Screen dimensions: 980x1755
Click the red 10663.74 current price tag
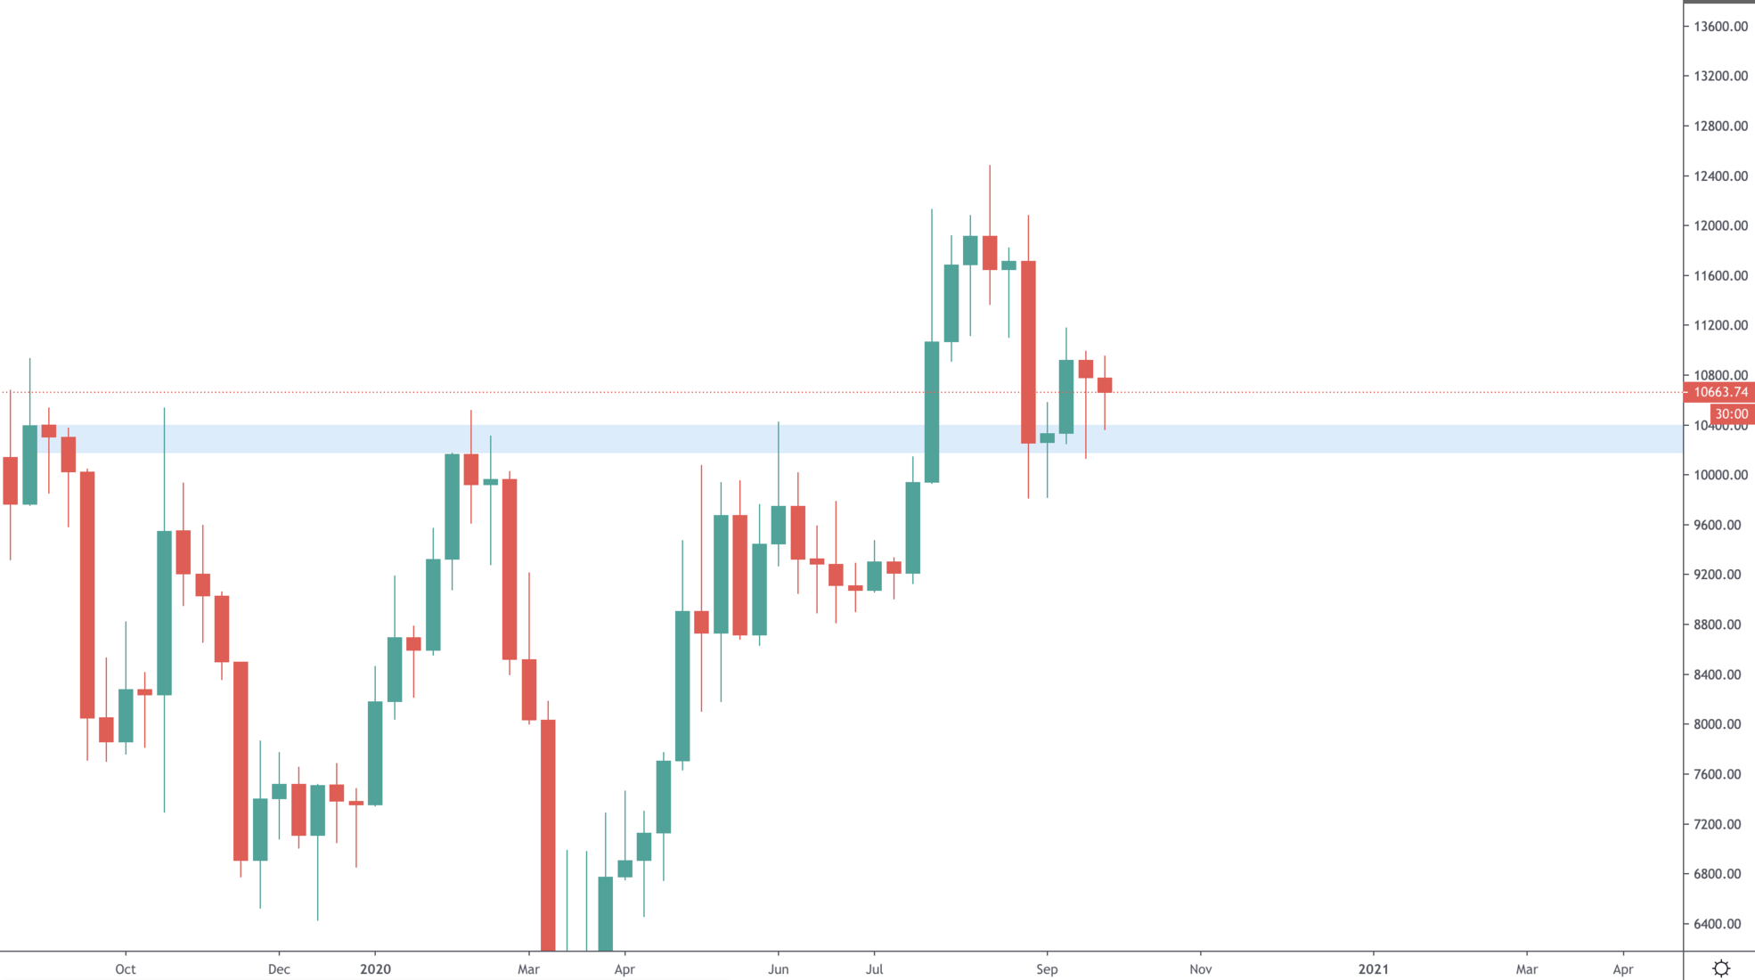[x=1719, y=392]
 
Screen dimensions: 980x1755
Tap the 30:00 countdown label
[x=1731, y=414]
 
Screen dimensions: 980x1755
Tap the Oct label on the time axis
[x=126, y=969]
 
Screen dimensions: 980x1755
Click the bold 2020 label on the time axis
[x=375, y=969]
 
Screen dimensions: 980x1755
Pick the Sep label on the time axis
[x=1047, y=969]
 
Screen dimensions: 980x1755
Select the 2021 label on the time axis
[x=1373, y=969]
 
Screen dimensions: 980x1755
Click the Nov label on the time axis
[x=1200, y=969]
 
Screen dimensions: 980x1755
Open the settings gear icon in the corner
[x=1721, y=968]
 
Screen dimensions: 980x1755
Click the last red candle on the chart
[x=1105, y=385]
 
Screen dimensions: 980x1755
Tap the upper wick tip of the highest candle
[x=990, y=167]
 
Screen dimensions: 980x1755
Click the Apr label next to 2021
[x=1623, y=969]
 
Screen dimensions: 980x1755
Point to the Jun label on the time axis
[x=779, y=969]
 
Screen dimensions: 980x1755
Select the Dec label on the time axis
[x=279, y=969]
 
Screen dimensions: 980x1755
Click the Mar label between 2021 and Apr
[x=1527, y=969]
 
